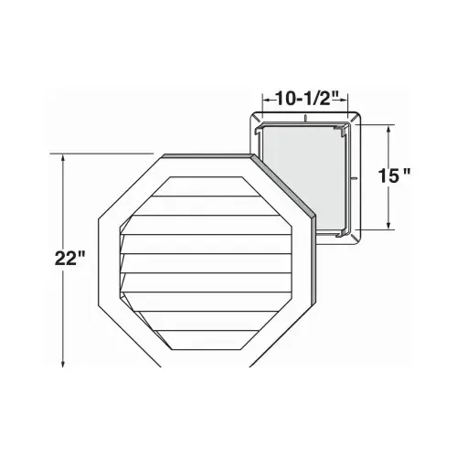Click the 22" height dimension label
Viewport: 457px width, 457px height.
pos(69,259)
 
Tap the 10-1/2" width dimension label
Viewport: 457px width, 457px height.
pos(304,99)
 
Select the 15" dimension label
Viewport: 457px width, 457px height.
pos(393,175)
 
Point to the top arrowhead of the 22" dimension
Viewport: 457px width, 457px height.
pos(63,158)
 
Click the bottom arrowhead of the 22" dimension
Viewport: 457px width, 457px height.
pos(63,363)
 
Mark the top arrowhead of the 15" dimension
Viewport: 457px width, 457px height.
pos(388,130)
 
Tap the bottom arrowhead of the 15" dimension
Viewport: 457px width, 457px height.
pos(388,225)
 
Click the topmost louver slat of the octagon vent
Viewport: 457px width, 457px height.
pos(206,186)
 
